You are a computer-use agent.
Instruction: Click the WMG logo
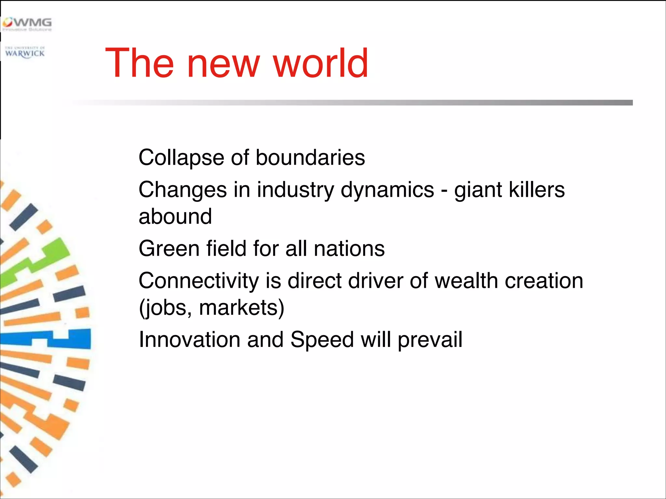click(27, 24)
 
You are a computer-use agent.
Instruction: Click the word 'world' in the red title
click(321, 63)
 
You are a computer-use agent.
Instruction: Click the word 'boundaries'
click(310, 158)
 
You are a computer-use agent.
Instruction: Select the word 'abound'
click(175, 216)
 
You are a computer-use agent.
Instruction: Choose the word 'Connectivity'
click(199, 281)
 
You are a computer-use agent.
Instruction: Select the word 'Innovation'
click(190, 340)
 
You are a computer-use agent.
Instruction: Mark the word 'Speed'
click(322, 340)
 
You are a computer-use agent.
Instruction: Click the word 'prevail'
click(430, 340)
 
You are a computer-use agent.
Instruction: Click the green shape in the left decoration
click(49, 257)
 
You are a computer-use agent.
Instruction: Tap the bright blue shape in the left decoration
click(72, 339)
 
